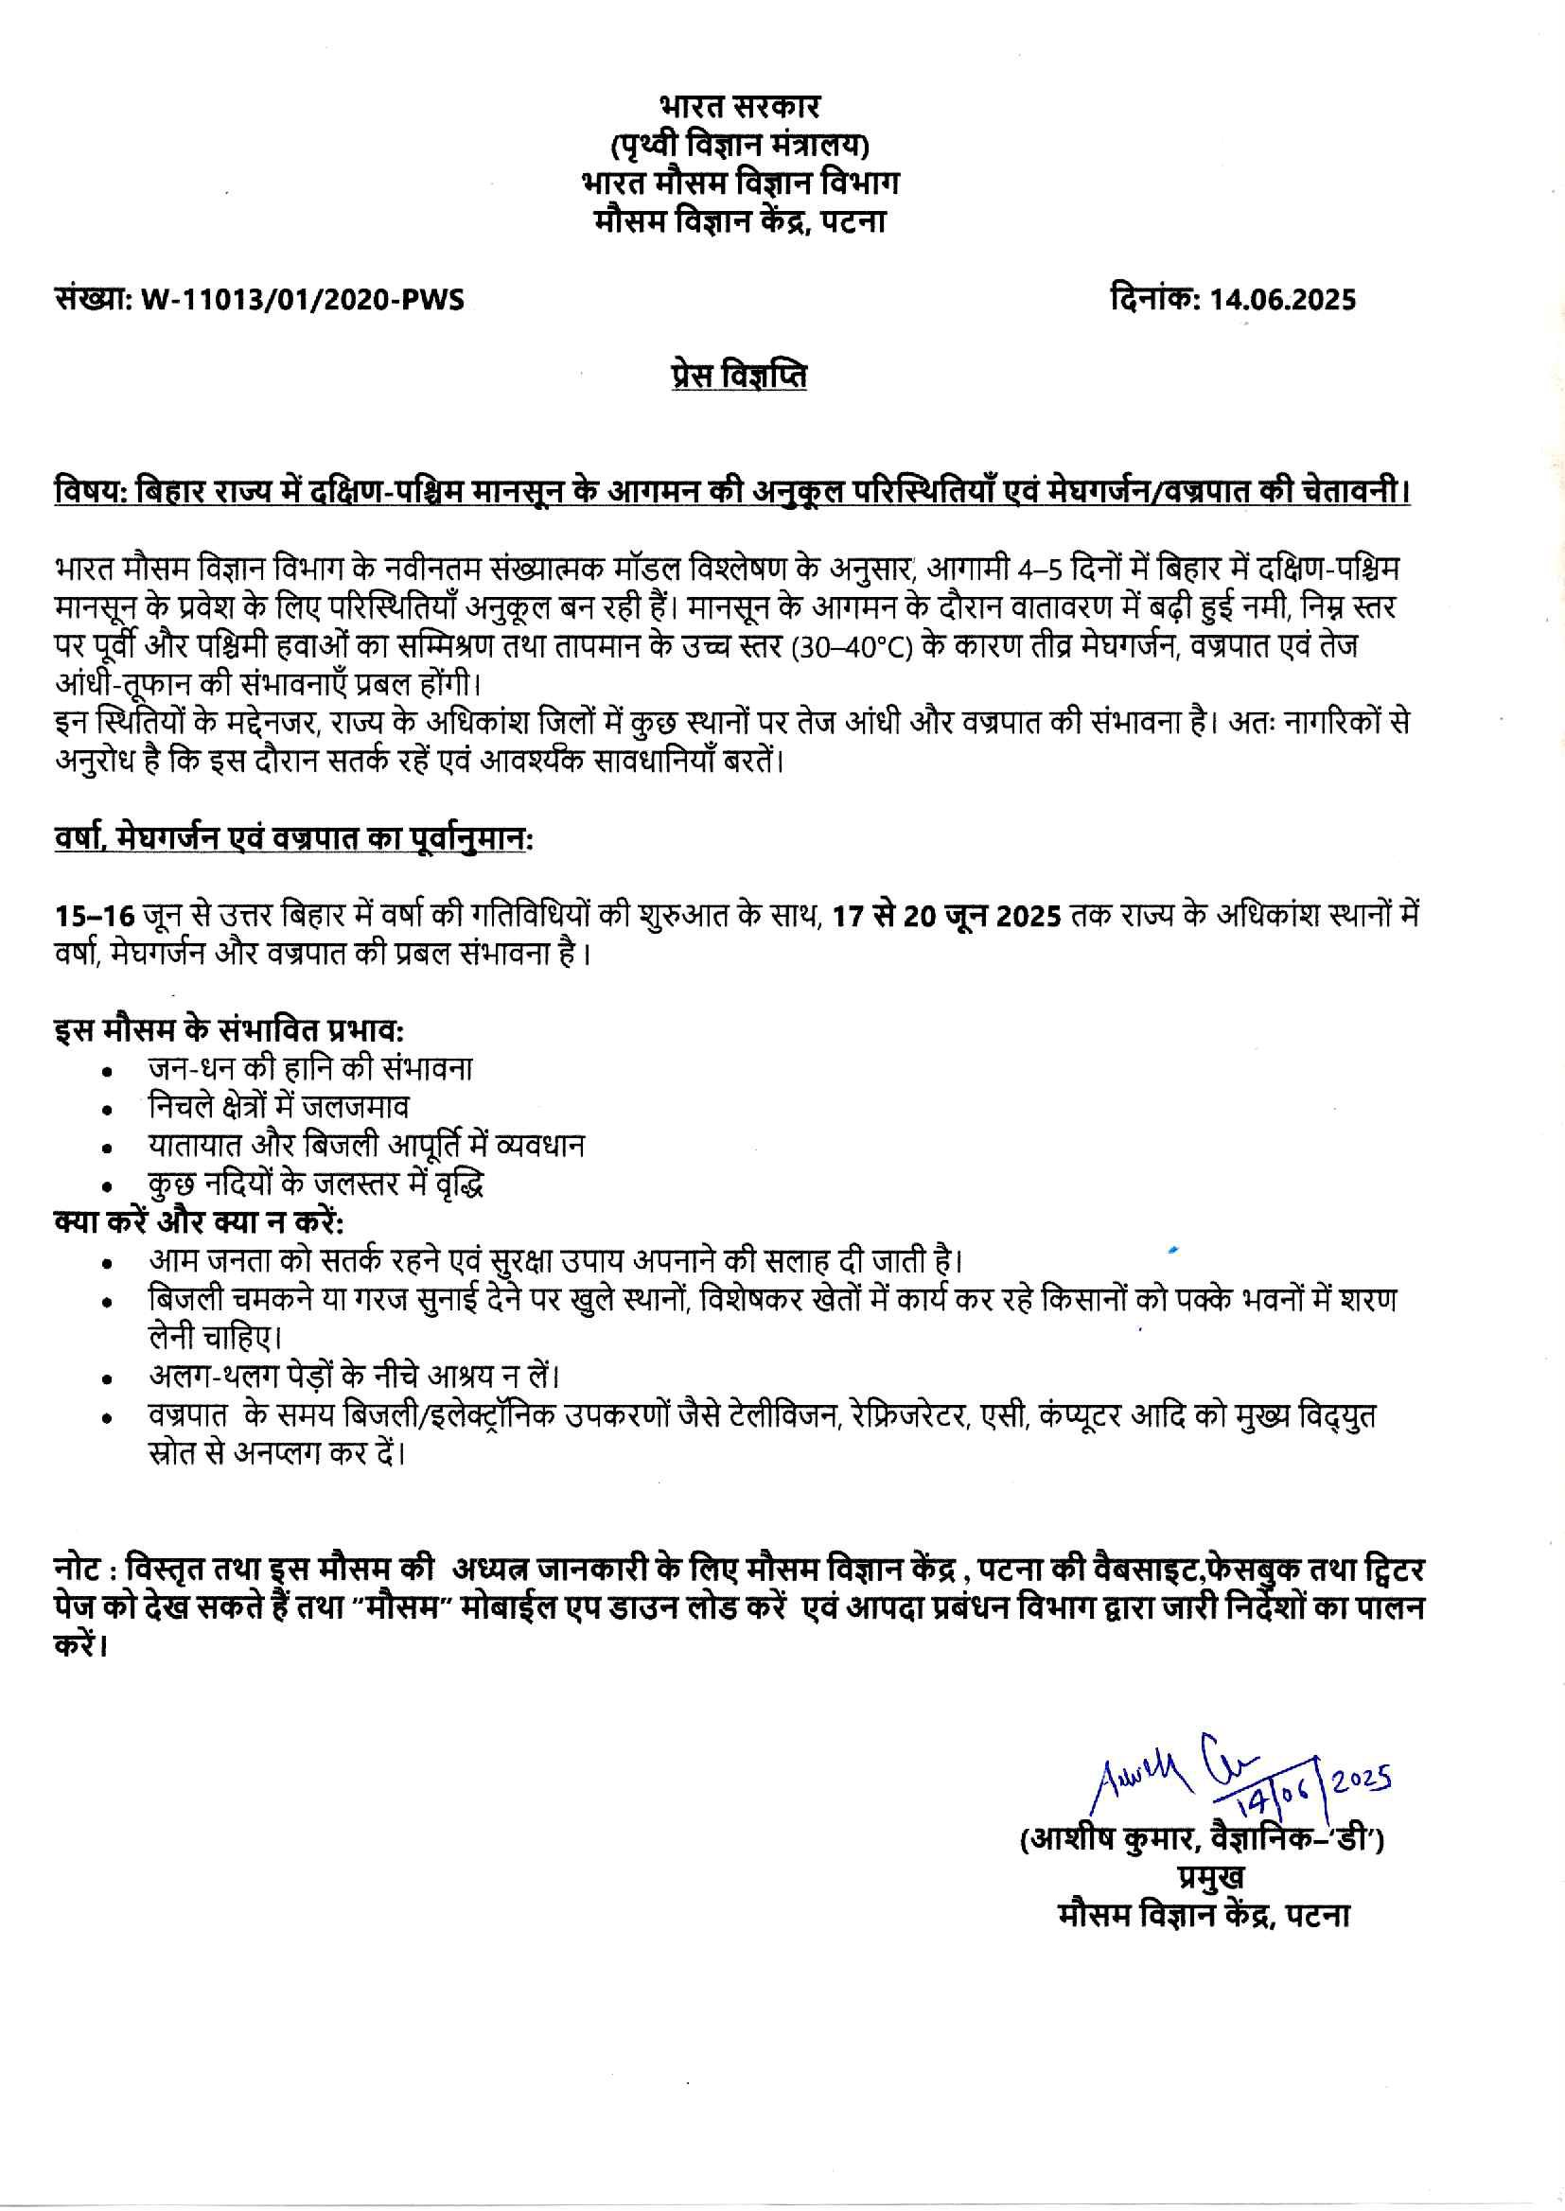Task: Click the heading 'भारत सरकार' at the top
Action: [x=740, y=106]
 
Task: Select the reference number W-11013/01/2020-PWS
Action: [x=302, y=300]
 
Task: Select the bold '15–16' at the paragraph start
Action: [x=93, y=915]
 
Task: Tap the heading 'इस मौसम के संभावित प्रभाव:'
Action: [x=228, y=1030]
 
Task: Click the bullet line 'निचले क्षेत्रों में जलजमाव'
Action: [x=278, y=1107]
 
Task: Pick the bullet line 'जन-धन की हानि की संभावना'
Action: [x=309, y=1068]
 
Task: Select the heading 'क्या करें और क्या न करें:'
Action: [x=199, y=1221]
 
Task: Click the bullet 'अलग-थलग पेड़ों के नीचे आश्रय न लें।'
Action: [x=353, y=1375]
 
